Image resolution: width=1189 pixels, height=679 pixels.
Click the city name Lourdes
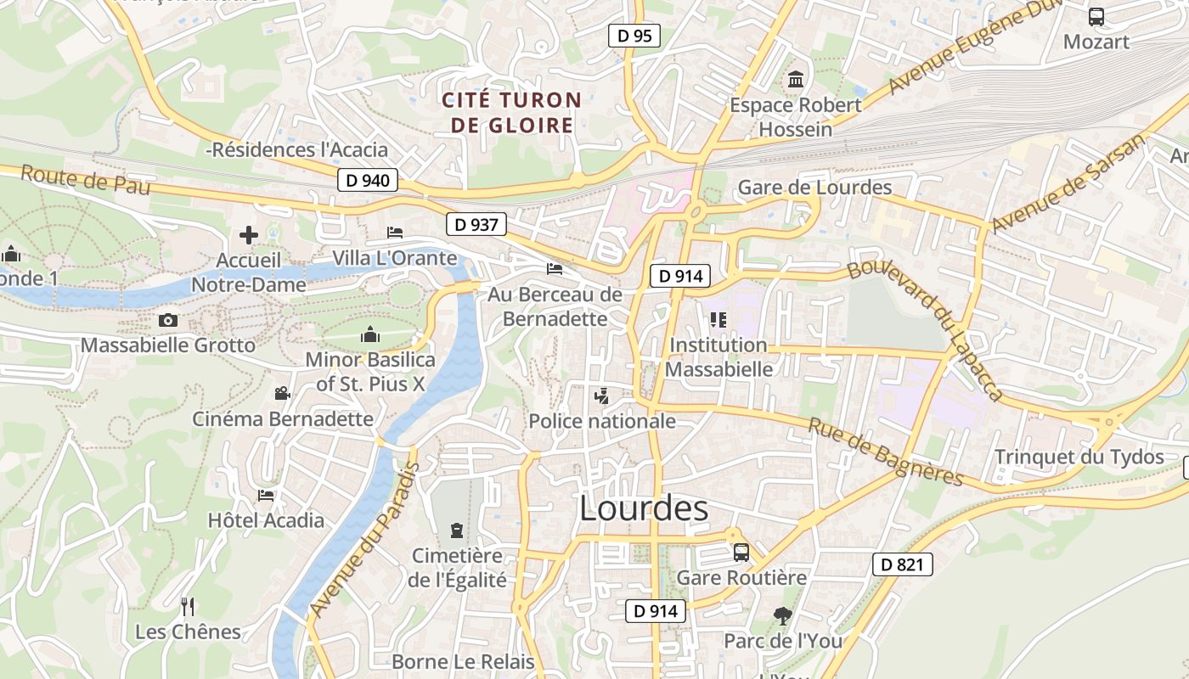643,508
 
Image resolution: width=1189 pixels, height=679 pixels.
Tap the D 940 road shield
368,180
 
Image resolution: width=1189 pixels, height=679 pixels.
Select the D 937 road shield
476,224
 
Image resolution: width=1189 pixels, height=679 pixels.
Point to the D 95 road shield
634,36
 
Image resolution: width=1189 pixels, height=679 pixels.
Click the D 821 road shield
902,564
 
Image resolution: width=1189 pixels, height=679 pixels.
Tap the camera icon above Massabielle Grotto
168,320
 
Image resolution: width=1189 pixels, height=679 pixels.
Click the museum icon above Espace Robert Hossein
796,80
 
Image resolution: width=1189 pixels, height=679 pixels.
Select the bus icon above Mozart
1096,16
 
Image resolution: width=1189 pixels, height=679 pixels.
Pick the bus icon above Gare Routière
741,553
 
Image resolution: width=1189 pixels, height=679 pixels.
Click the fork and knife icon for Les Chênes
188,606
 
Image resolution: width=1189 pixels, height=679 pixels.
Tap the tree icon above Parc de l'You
782,615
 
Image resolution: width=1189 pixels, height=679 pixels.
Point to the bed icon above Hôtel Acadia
266,496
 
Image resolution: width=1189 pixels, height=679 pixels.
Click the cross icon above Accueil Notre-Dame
248,234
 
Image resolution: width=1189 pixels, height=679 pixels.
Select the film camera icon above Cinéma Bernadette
282,393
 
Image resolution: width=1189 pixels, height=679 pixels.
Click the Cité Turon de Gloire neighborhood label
512,113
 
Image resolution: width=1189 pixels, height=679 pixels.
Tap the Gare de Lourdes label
815,188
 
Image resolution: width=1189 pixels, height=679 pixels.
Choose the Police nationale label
602,421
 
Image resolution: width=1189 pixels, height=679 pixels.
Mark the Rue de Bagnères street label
885,452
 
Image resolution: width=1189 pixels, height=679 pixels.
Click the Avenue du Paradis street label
365,540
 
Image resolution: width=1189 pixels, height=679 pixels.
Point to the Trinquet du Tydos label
1079,457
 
